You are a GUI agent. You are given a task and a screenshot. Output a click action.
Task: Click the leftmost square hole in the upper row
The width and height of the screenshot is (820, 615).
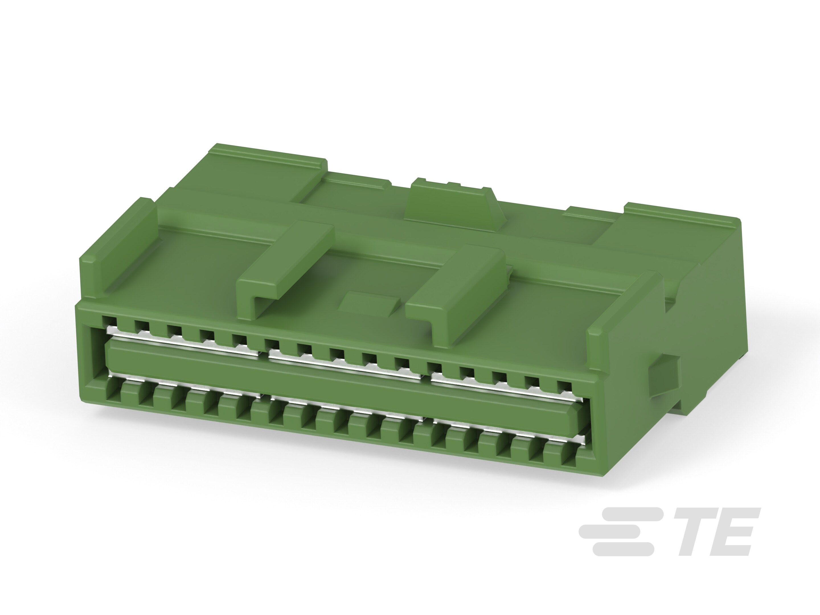[x=109, y=321]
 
